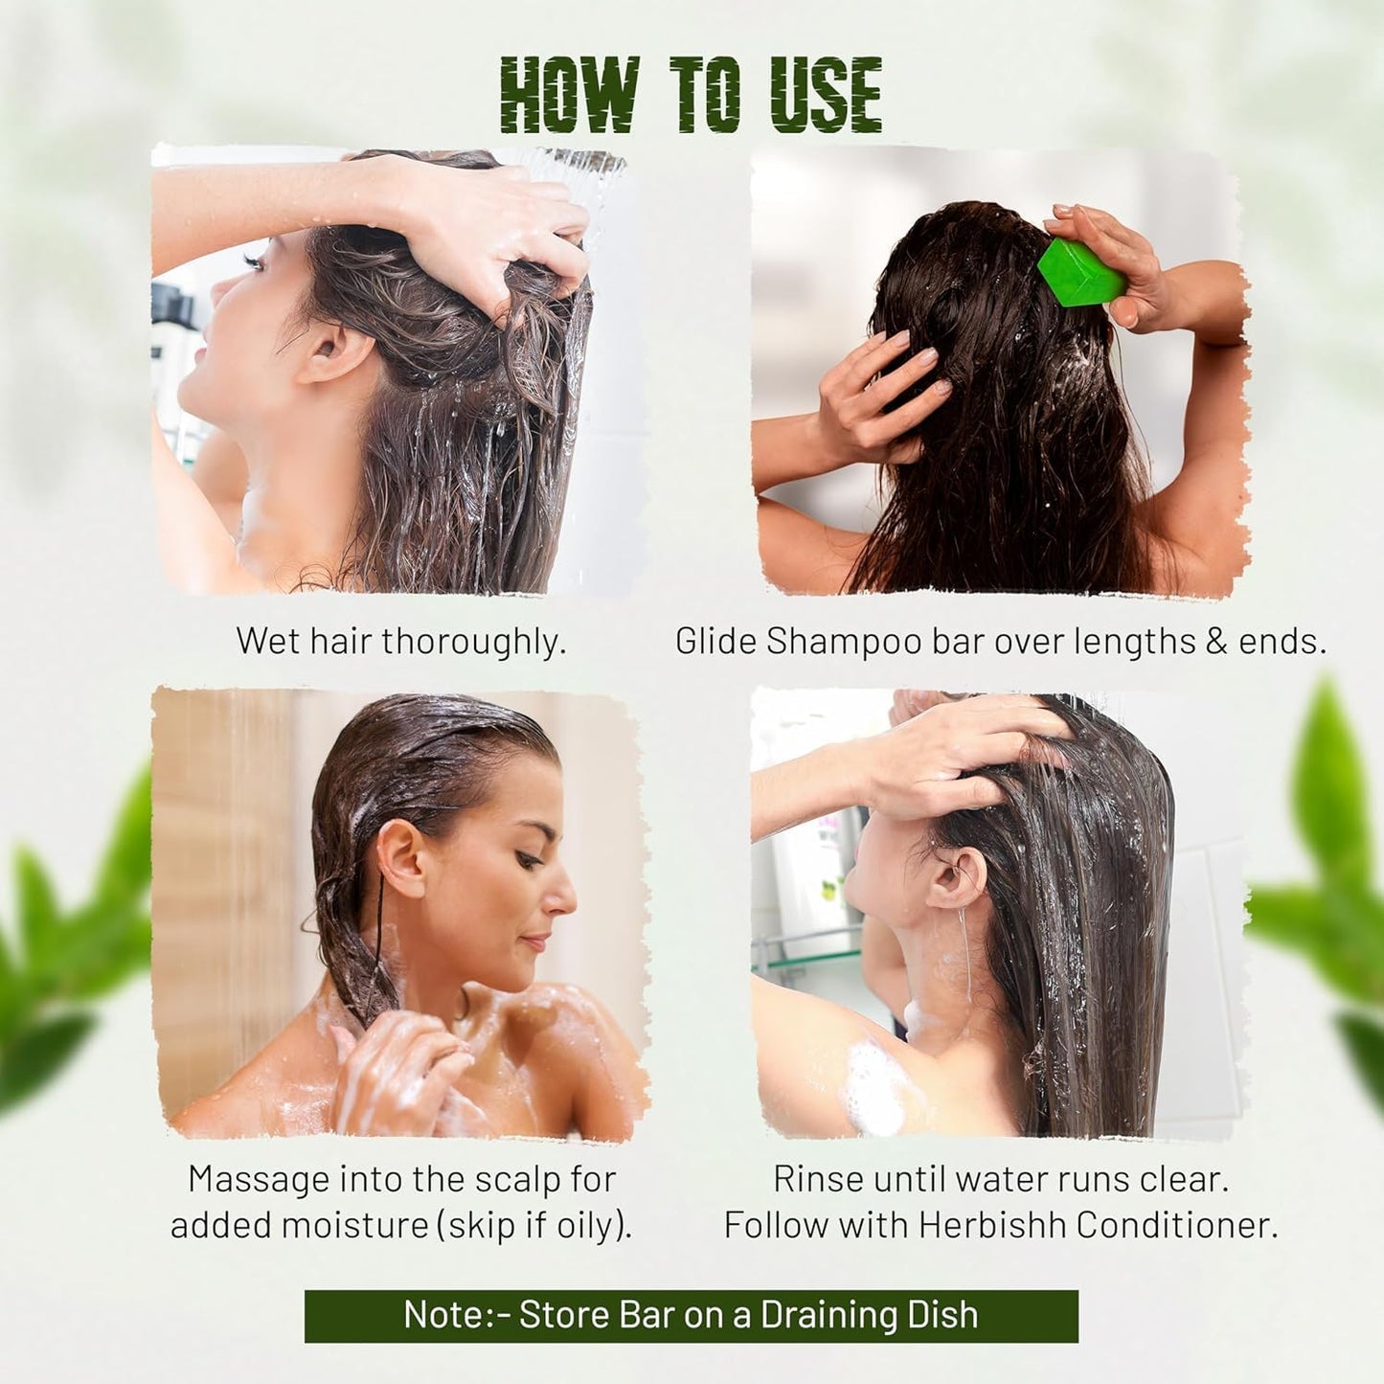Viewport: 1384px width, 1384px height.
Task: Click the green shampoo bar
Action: [x=1081, y=273]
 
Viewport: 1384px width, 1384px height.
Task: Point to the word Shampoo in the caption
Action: [x=843, y=642]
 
